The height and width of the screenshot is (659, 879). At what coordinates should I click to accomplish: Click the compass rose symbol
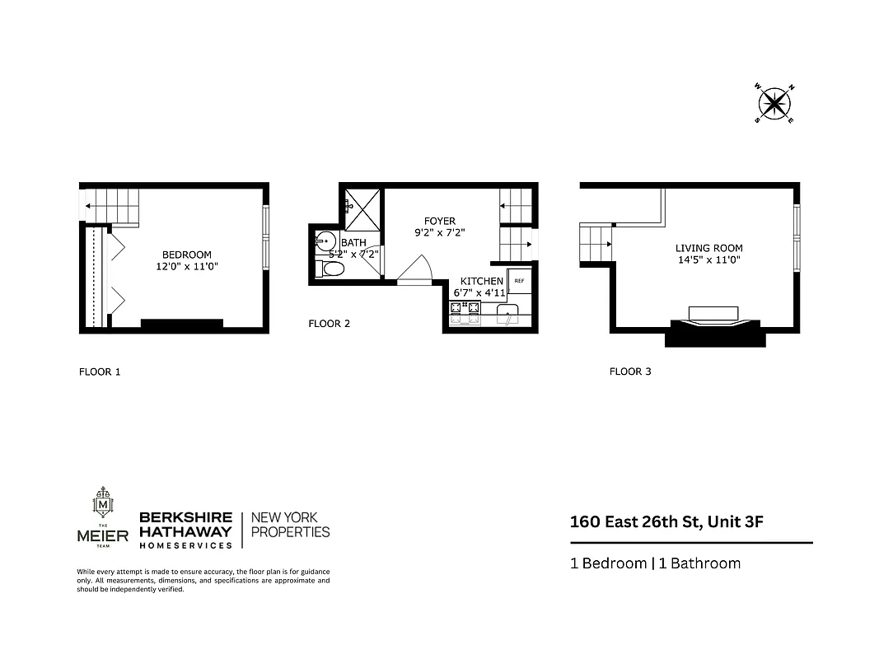774,103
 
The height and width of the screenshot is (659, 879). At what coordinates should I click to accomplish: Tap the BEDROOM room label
186,255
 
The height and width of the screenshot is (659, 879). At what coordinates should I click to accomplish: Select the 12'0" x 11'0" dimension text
186,267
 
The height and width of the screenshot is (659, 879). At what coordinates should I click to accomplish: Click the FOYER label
439,221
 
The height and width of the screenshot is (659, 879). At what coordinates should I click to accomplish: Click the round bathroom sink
325,241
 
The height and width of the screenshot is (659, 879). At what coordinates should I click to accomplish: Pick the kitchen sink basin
507,311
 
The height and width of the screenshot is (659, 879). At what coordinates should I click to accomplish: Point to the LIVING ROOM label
708,248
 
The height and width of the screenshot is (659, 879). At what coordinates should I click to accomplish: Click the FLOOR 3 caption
629,372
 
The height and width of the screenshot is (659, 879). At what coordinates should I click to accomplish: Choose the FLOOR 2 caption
329,324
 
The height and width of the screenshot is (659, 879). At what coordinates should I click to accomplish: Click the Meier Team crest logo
104,503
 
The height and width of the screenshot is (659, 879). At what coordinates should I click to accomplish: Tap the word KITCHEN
481,281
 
